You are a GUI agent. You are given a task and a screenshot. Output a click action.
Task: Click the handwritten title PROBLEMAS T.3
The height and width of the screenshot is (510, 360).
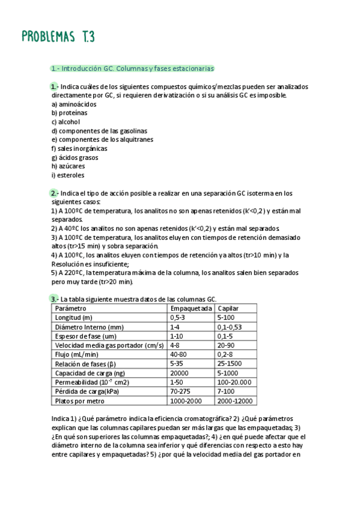pyautogui.click(x=58, y=37)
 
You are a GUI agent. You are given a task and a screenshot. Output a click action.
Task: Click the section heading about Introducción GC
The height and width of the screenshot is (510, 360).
pyautogui.click(x=132, y=69)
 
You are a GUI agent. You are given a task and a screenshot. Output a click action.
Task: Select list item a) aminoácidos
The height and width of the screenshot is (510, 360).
pyautogui.click(x=74, y=104)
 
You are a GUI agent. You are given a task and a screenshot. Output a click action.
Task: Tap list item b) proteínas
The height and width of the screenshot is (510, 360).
pyautogui.click(x=69, y=112)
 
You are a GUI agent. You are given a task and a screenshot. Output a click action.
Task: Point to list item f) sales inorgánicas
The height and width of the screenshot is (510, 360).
pyautogui.click(x=79, y=148)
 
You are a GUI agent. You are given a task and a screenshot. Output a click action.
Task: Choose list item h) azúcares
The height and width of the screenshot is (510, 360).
pyautogui.click(x=68, y=166)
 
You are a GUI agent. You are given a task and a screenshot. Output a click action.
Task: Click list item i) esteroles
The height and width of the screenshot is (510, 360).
pyautogui.click(x=68, y=175)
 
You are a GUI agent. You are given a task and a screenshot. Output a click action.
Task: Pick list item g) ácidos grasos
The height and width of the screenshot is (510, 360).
pyautogui.click(x=75, y=157)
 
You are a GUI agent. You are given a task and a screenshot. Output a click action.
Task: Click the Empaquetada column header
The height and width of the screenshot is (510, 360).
pyautogui.click(x=191, y=308)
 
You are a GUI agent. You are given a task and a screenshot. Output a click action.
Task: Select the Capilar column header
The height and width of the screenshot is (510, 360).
pyautogui.click(x=228, y=308)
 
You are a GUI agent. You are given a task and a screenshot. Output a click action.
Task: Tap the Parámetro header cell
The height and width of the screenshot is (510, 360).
pyautogui.click(x=70, y=308)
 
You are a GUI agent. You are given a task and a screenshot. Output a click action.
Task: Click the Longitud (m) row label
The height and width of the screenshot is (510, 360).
pyautogui.click(x=73, y=317)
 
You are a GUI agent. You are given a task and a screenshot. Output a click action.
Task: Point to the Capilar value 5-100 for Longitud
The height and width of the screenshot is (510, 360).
pyautogui.click(x=227, y=317)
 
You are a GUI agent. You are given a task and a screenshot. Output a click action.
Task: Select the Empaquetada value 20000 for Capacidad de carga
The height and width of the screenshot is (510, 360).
pyautogui.click(x=180, y=373)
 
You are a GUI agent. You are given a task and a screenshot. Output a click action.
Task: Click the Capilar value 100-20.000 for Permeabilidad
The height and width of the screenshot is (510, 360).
pyautogui.click(x=234, y=382)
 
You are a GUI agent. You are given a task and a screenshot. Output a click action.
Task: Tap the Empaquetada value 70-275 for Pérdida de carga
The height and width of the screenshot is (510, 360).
pyautogui.click(x=180, y=392)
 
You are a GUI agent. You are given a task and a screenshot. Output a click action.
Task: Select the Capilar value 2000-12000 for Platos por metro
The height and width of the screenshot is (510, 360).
pyautogui.click(x=235, y=401)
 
